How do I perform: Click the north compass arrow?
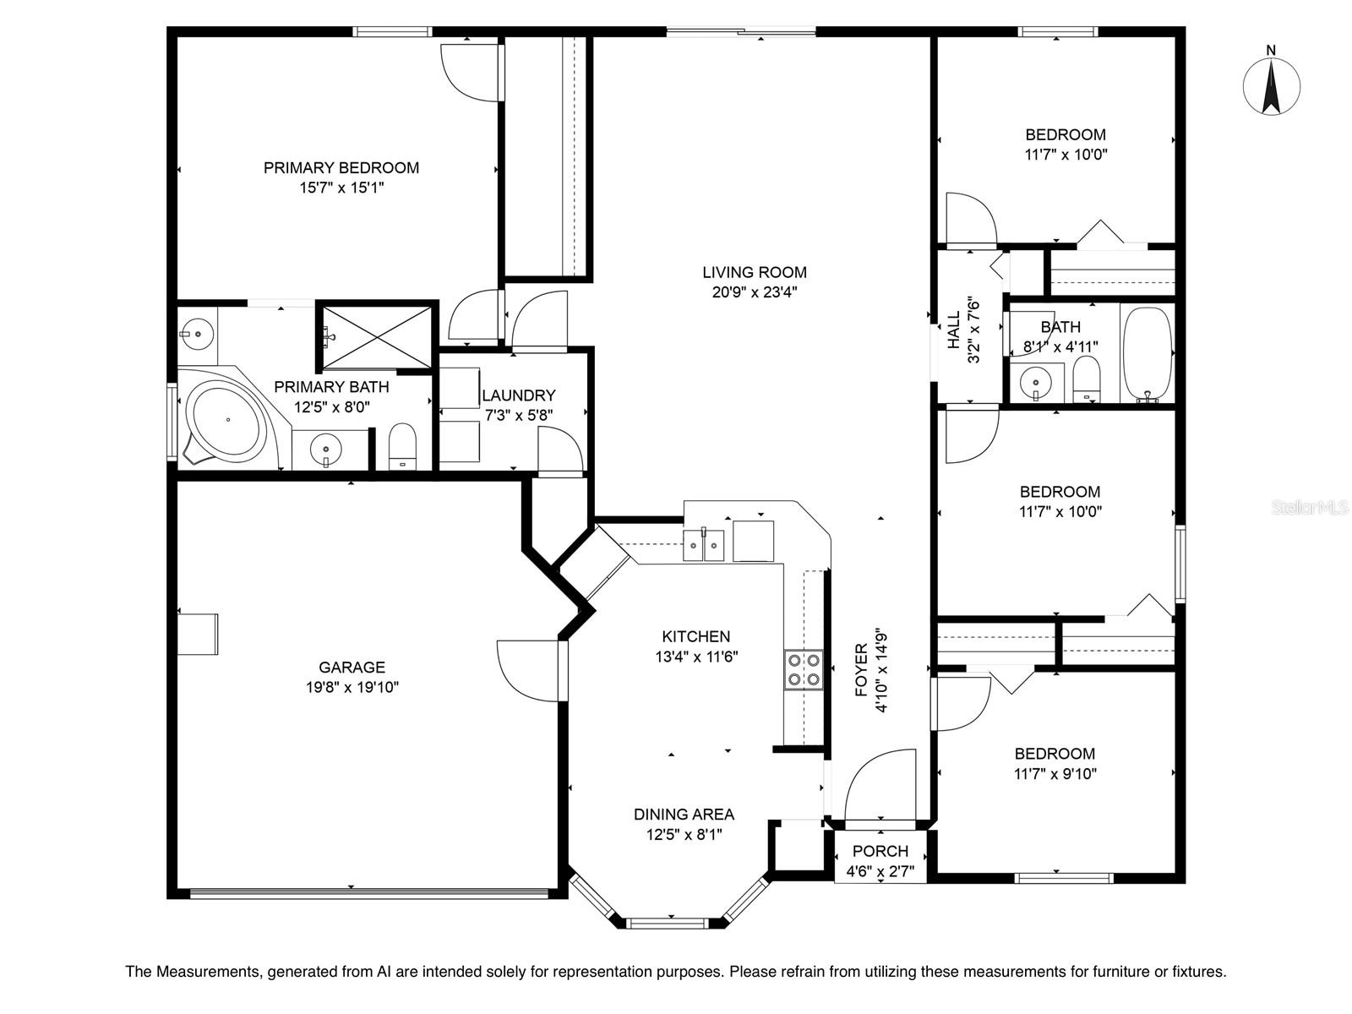1271,86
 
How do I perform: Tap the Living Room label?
755,272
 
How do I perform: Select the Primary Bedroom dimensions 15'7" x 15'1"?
342,187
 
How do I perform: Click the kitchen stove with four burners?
804,670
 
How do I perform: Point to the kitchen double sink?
703,544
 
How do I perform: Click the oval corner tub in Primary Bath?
227,421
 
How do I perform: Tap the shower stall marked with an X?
377,337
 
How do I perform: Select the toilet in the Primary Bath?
403,446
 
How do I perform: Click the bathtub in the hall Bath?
1148,355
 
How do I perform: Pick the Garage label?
352,667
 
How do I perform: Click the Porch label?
880,851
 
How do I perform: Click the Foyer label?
861,669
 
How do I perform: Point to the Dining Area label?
684,815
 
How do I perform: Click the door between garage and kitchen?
531,670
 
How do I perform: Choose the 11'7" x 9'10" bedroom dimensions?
1055,774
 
